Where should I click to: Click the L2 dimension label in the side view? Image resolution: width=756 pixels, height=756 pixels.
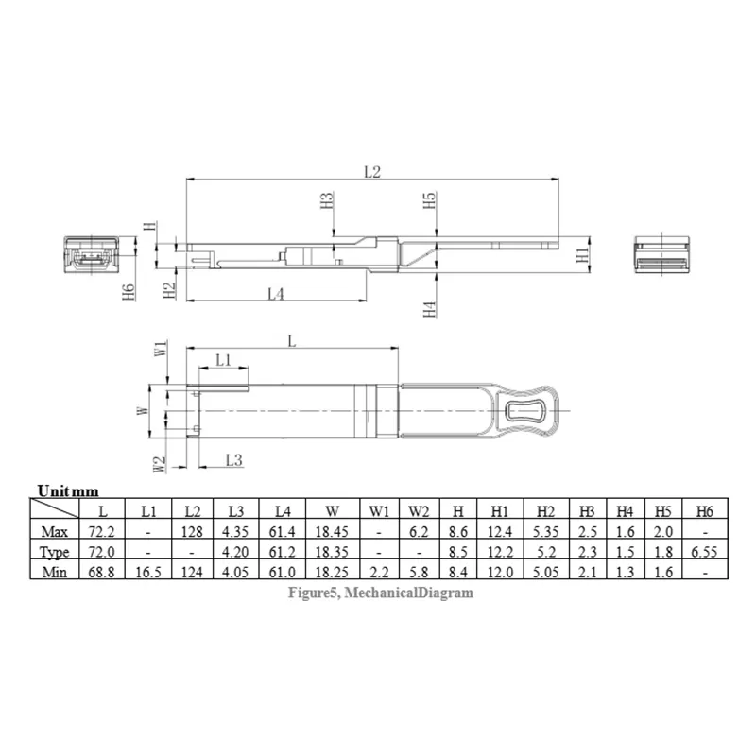[x=371, y=171]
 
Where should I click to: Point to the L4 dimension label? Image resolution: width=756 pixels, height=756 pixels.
[x=275, y=294]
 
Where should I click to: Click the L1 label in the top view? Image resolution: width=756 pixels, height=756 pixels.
[x=223, y=359]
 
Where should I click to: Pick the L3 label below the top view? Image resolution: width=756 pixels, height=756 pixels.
[x=235, y=459]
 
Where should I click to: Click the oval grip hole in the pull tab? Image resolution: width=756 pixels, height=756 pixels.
[x=525, y=412]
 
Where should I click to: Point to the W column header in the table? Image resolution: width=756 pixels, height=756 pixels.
[x=333, y=510]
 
